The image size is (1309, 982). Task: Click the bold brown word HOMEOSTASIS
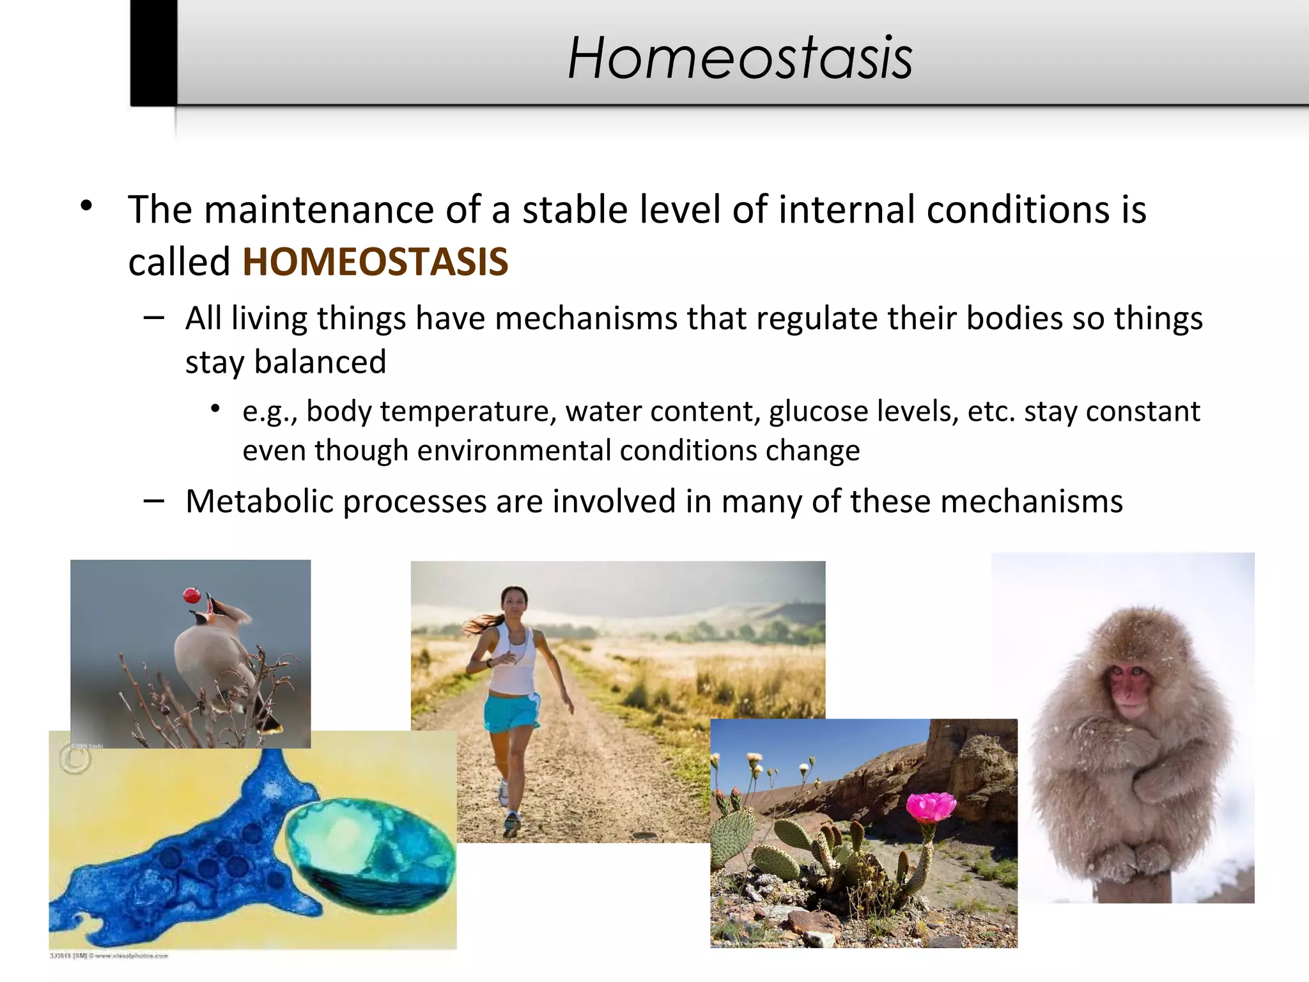coord(375,262)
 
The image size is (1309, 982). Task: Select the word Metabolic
coord(259,501)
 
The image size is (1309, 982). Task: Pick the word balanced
coord(320,362)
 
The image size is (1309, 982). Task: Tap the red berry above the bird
coord(192,596)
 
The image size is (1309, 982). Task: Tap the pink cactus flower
coord(931,807)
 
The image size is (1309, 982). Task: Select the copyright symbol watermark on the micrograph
coord(75,760)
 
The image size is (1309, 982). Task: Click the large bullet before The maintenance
coord(86,207)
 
